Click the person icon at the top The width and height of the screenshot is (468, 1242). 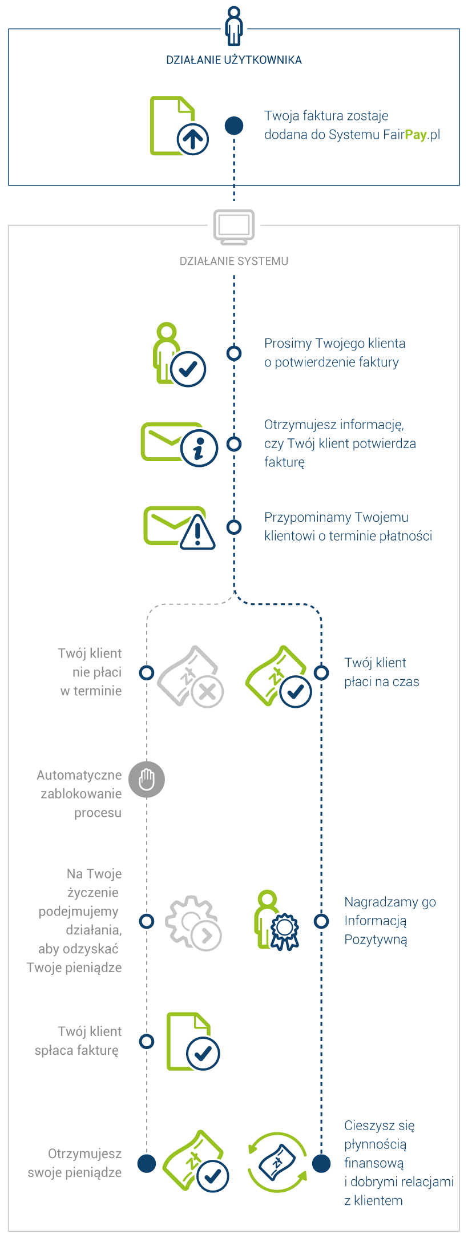click(x=234, y=26)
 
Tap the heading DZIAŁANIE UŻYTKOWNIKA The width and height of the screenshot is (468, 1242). click(x=234, y=60)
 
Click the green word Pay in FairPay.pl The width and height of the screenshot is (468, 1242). click(x=415, y=135)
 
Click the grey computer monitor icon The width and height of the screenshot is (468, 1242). click(x=234, y=226)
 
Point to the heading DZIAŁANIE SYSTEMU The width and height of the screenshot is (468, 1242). click(x=234, y=261)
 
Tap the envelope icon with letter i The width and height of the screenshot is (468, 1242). click(x=179, y=444)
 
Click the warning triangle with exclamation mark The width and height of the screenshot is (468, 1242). click(x=197, y=533)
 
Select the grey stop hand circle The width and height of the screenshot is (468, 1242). click(x=147, y=779)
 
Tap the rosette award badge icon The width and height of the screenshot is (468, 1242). click(x=285, y=931)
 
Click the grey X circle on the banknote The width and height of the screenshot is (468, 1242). click(x=207, y=692)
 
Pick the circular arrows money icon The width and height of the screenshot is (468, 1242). click(x=277, y=1163)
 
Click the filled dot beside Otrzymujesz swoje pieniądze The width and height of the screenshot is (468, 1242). click(x=147, y=1163)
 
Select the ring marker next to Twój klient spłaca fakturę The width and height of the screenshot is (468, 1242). click(x=147, y=1041)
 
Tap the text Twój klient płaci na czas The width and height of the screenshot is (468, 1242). click(x=381, y=672)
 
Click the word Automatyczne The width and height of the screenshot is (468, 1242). click(x=79, y=775)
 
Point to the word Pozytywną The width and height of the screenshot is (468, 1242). click(x=376, y=939)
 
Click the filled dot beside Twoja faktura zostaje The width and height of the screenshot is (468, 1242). click(x=234, y=126)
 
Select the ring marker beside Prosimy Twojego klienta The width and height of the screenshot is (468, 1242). click(x=234, y=353)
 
